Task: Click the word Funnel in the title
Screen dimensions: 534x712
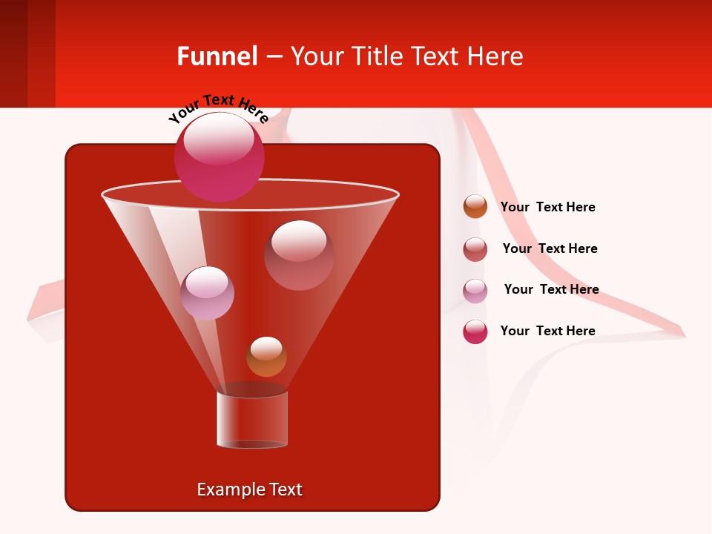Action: (217, 56)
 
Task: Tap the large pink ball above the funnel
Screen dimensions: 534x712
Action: (219, 156)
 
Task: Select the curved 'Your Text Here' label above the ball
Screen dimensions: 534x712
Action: (218, 107)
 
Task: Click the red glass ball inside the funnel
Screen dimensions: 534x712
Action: (299, 255)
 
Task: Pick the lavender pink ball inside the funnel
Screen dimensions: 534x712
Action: (207, 293)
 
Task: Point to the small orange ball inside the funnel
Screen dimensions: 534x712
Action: (266, 357)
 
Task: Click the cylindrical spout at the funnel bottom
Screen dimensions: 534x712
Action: (252, 419)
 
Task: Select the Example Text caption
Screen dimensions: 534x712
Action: (249, 489)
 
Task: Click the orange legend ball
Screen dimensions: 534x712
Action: (475, 206)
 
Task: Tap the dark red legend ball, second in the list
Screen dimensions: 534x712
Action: (475, 249)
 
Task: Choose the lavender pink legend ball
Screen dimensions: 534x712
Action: (475, 291)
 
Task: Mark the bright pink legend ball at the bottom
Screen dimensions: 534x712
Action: (475, 332)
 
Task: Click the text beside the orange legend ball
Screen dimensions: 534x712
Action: (547, 207)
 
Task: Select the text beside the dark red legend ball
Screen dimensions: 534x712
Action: (550, 248)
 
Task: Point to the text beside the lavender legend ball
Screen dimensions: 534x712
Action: (551, 289)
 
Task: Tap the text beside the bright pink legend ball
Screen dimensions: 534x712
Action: (547, 331)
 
